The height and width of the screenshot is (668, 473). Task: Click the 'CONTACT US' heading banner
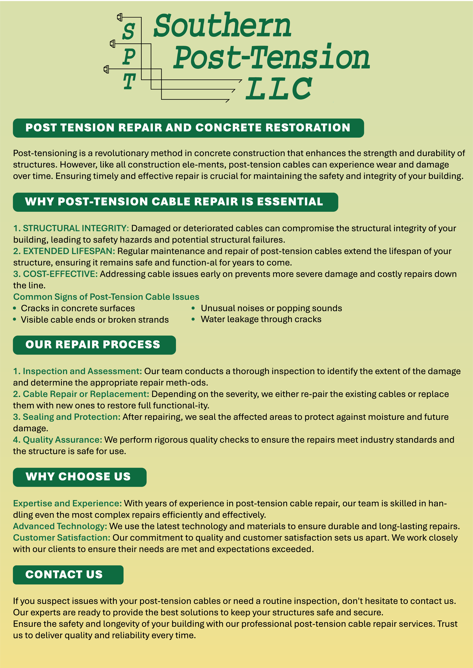click(x=68, y=575)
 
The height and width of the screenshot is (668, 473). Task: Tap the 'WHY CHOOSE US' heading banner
click(x=80, y=477)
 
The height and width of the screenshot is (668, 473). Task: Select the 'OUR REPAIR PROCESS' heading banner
click(x=94, y=345)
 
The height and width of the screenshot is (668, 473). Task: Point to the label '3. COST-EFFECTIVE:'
click(x=55, y=274)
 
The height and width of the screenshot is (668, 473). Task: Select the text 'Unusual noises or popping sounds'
click(x=271, y=308)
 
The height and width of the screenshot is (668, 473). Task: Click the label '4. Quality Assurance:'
click(x=58, y=440)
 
